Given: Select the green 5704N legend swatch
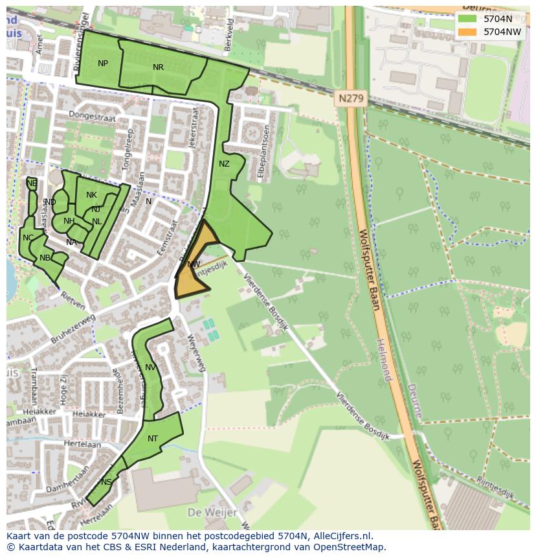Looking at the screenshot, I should point(466,19).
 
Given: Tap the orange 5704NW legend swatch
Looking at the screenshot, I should point(466,32).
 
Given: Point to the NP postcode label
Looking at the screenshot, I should point(103,64).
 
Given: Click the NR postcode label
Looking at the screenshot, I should point(158,67).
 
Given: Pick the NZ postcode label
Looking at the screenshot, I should point(224,164).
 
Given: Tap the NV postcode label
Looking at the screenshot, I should point(150,367).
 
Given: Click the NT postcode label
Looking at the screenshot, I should point(153,439).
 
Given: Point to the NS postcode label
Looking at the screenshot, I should point(106,482).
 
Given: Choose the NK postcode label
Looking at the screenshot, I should point(91,195).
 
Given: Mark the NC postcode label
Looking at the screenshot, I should point(28,238).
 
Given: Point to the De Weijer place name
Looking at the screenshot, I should point(209,512).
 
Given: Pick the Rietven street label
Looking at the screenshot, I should point(73,297).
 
